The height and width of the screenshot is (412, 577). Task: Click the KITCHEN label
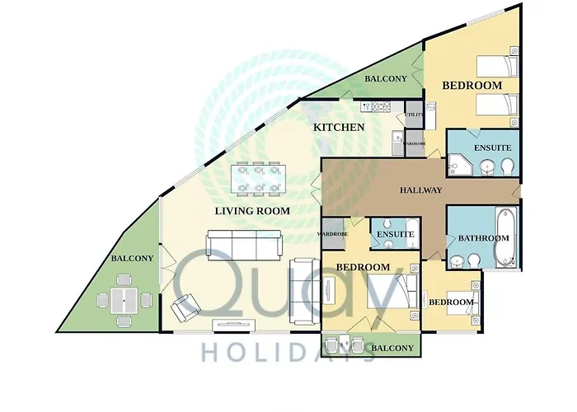pyautogui.click(x=339, y=127)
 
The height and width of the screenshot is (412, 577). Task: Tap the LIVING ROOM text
pyautogui.click(x=252, y=211)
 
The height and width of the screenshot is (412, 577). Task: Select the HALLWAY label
pyautogui.click(x=421, y=190)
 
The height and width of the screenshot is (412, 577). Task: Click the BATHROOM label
pyautogui.click(x=484, y=238)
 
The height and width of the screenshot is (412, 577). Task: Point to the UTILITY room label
pyautogui.click(x=415, y=115)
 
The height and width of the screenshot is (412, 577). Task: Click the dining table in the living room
pyautogui.click(x=258, y=179)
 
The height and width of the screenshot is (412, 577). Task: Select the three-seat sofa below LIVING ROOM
pyautogui.click(x=244, y=246)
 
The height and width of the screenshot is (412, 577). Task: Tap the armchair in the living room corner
pyautogui.click(x=185, y=307)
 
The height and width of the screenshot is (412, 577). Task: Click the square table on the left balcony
pyautogui.click(x=124, y=301)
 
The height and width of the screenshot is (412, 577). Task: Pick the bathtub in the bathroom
pyautogui.click(x=504, y=237)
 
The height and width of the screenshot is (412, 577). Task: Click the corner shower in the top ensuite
pyautogui.click(x=459, y=165)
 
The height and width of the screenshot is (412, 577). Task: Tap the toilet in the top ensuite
pyautogui.click(x=507, y=166)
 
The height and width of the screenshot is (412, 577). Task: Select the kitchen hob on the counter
pyautogui.click(x=381, y=107)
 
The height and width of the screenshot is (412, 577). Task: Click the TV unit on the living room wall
pyautogui.click(x=234, y=325)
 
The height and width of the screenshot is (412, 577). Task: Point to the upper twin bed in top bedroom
pyautogui.click(x=497, y=67)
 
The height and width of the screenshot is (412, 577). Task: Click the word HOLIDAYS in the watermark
pyautogui.click(x=288, y=353)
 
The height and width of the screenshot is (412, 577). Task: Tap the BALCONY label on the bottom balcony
pyautogui.click(x=392, y=348)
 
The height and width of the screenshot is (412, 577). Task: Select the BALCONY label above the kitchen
pyautogui.click(x=386, y=79)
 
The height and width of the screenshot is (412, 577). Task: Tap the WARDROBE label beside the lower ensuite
pyautogui.click(x=333, y=234)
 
